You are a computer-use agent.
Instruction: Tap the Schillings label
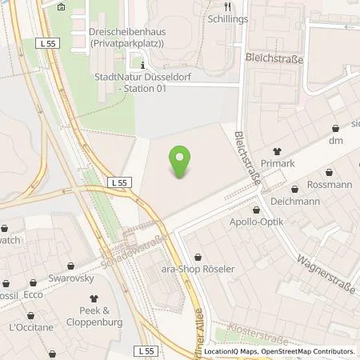[226, 18]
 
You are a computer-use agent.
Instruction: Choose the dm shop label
[335, 141]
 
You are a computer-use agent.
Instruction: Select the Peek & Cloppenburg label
[100, 314]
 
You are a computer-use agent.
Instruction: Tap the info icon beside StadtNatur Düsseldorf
[142, 65]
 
